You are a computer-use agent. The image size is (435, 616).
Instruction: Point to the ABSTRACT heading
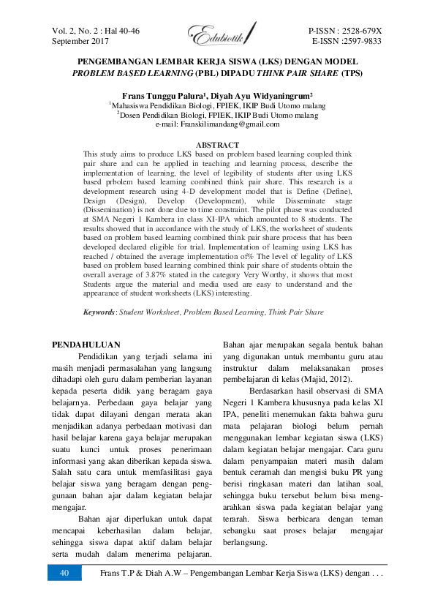tap(218, 146)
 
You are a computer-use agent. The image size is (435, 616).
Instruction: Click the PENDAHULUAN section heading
tap(88, 343)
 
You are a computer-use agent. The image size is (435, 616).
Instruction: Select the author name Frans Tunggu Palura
tap(159, 96)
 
